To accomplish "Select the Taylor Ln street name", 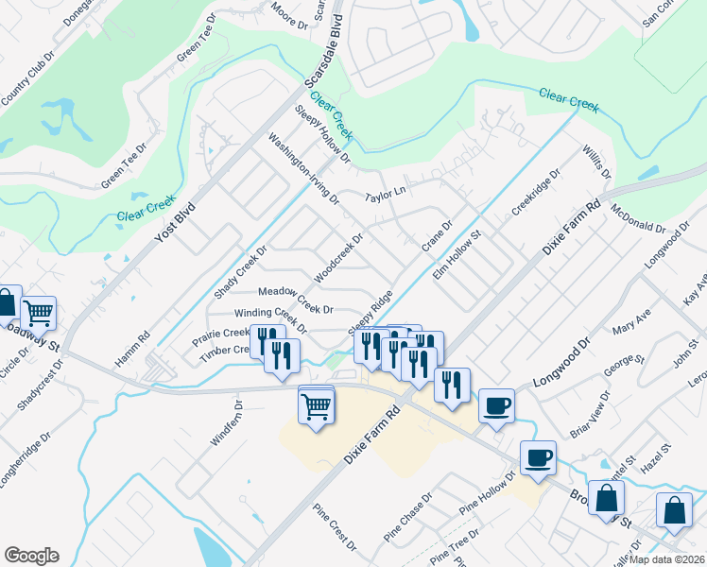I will tap(386, 193).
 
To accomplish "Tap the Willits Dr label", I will tap(597, 162).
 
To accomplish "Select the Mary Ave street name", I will tap(631, 327).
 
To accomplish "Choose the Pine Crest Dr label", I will tap(337, 532).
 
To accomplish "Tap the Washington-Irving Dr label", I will tap(303, 168).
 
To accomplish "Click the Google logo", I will tap(31, 556).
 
